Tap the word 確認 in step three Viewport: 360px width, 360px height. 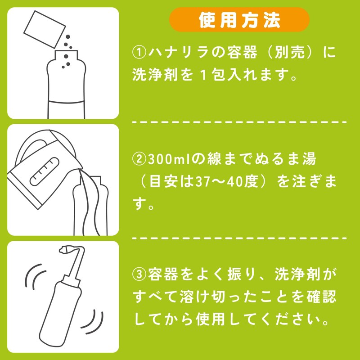(324, 296)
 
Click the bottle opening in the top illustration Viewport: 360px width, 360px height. (66, 53)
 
